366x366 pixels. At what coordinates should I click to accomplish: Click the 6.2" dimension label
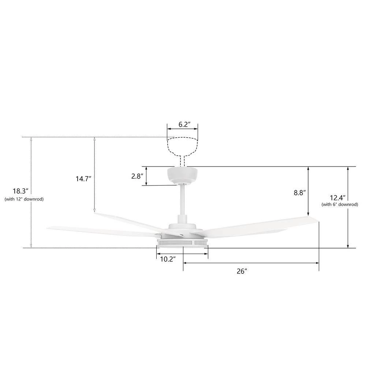tap(183, 124)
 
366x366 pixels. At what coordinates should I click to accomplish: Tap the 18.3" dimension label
tap(20, 191)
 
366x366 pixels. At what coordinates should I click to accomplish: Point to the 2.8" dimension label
tap(137, 176)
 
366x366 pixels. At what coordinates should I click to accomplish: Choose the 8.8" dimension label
tap(299, 193)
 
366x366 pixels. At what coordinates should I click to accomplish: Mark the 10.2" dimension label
tap(168, 259)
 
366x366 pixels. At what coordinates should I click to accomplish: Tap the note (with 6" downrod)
tap(339, 205)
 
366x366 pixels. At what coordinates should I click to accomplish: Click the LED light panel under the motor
tap(182, 242)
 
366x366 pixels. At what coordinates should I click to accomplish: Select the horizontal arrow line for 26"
tap(251, 263)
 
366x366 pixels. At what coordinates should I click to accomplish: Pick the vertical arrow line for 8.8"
tap(309, 191)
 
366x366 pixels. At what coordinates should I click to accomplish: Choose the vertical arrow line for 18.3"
tap(31, 193)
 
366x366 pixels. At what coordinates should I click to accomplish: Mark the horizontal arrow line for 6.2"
tap(183, 129)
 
